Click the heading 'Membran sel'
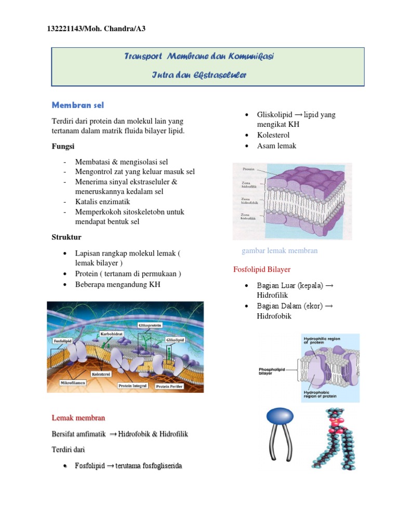(x=78, y=105)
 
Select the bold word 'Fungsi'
(x=63, y=147)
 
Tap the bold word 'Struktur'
(x=66, y=237)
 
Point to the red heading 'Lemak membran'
(x=78, y=418)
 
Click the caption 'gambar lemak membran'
(x=280, y=251)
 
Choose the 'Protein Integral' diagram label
(x=133, y=385)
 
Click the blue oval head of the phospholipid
(x=283, y=416)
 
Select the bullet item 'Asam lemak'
(x=276, y=146)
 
